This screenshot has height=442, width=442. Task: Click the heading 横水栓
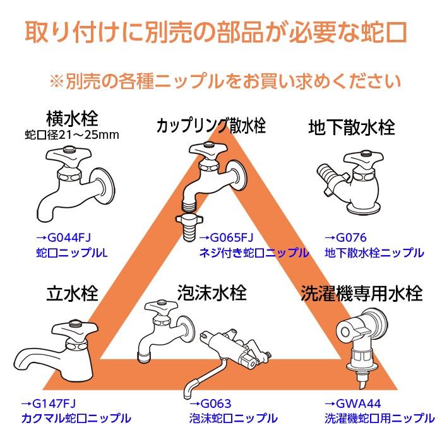[72, 117]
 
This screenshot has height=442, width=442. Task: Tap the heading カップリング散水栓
[211, 125]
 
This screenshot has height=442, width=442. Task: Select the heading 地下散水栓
[352, 127]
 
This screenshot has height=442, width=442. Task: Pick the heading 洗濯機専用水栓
[361, 294]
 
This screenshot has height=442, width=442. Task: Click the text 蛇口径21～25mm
[72, 134]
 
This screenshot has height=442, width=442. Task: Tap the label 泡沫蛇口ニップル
[233, 418]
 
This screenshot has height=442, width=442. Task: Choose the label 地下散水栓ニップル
[374, 253]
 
